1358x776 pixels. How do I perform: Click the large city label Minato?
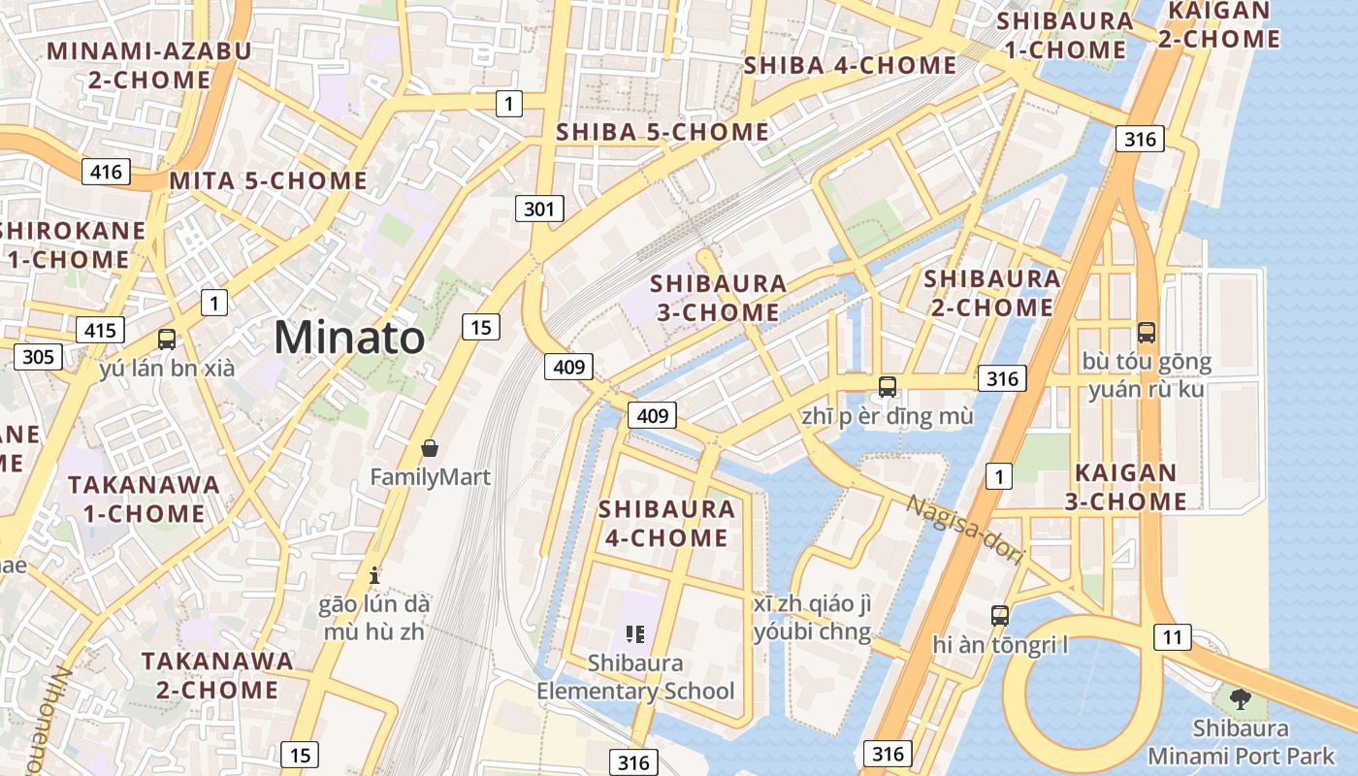click(349, 338)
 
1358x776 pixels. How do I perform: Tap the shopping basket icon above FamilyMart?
click(430, 447)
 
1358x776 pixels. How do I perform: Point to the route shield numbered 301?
click(538, 208)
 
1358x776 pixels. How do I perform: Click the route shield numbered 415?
click(100, 330)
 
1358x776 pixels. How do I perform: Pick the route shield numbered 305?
click(38, 357)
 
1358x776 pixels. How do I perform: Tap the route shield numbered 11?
click(1172, 637)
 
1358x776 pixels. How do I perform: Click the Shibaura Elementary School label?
click(635, 677)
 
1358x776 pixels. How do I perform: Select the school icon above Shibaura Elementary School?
click(635, 634)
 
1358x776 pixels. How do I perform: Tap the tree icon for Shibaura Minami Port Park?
click(1240, 697)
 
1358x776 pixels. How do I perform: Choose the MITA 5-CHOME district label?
click(268, 181)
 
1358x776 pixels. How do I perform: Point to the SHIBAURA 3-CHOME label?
click(718, 298)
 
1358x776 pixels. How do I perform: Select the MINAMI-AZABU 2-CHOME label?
click(149, 65)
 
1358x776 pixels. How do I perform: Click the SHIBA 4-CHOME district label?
click(850, 65)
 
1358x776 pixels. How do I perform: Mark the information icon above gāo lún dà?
click(374, 574)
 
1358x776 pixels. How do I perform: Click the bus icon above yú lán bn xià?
click(167, 339)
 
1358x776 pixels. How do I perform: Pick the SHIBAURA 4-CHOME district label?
click(666, 523)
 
